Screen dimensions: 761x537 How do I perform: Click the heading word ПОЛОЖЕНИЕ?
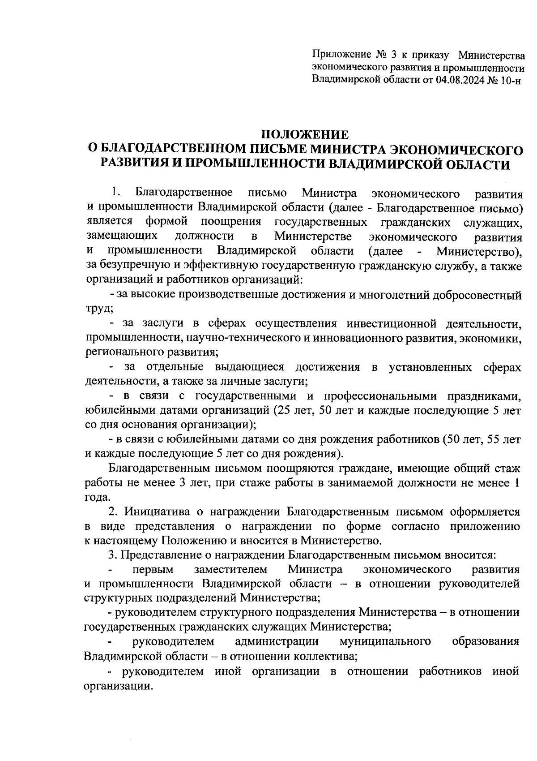tap(304, 134)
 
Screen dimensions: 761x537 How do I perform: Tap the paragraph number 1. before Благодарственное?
tap(116, 193)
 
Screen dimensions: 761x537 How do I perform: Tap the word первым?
tap(154, 570)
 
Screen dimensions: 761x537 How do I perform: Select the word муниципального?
tap(386, 641)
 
